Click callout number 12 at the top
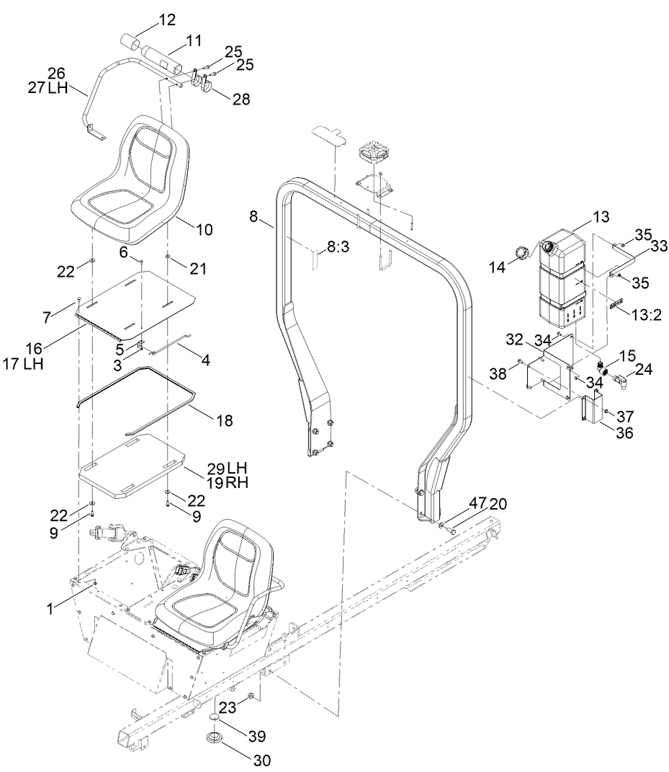point(166,20)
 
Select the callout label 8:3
point(338,247)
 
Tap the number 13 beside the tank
point(601,216)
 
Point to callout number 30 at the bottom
point(262,759)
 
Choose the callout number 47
point(479,503)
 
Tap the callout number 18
point(224,420)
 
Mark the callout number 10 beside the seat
point(204,230)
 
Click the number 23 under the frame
point(228,707)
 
